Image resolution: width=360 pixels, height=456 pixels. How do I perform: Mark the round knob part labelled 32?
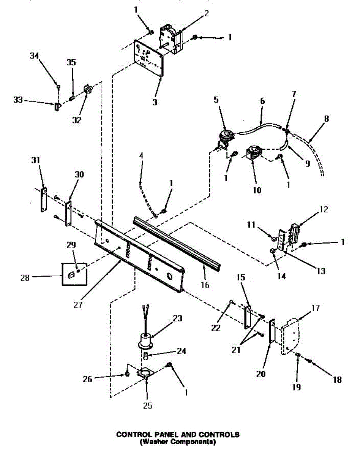pyautogui.click(x=88, y=90)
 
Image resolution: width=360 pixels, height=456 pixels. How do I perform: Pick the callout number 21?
pyautogui.click(x=236, y=350)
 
